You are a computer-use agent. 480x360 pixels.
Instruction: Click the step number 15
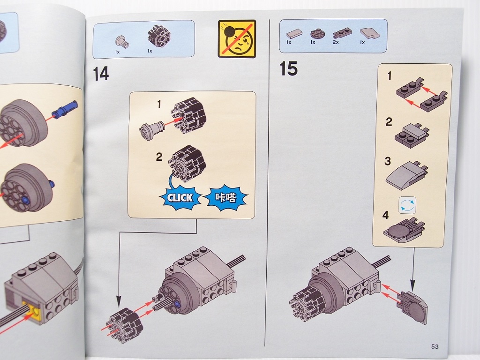[x=288, y=68]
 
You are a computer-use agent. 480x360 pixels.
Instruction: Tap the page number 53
[x=435, y=346]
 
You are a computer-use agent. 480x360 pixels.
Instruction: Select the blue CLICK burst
[x=180, y=198]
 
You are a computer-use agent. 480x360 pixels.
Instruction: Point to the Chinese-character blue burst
[x=225, y=197]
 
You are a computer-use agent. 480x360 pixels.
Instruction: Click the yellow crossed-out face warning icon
[x=237, y=39]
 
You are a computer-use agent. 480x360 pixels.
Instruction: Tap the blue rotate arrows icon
[x=407, y=205]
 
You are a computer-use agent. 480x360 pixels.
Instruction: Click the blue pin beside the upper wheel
[x=66, y=109]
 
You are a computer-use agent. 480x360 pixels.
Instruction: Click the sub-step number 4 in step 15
[x=385, y=215]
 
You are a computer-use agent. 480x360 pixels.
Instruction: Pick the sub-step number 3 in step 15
[x=388, y=161]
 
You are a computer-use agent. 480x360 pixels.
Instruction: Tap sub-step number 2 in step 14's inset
[x=159, y=157]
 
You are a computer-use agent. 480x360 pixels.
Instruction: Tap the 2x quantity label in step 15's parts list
[x=336, y=42]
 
